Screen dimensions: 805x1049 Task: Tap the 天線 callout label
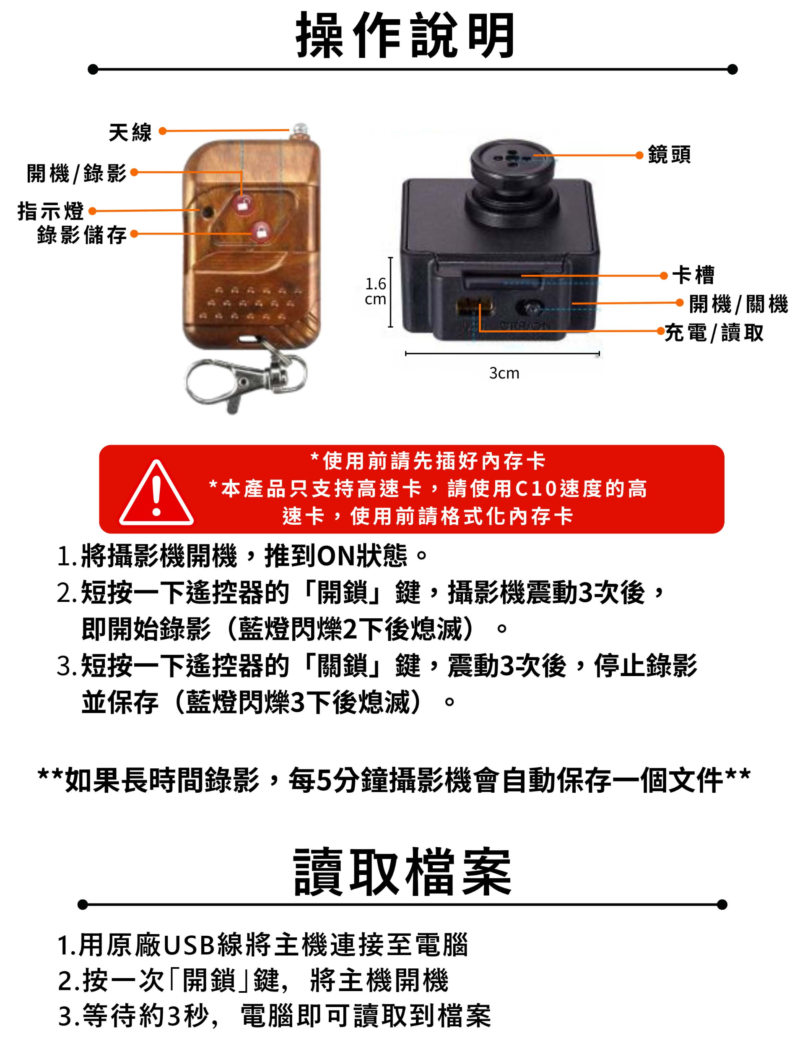(130, 132)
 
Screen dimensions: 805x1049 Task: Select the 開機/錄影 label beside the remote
(77, 173)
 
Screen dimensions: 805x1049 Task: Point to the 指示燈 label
(51, 211)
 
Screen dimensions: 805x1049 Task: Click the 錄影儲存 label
(82, 234)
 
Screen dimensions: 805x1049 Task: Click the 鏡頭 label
(670, 155)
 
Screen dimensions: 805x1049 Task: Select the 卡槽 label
(693, 275)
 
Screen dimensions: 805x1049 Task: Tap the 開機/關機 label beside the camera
(738, 304)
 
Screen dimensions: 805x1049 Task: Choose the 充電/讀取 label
(714, 333)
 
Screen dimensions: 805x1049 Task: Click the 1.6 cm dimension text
(376, 292)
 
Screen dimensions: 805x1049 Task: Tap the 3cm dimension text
(504, 373)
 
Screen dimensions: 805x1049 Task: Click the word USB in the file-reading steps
(189, 945)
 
